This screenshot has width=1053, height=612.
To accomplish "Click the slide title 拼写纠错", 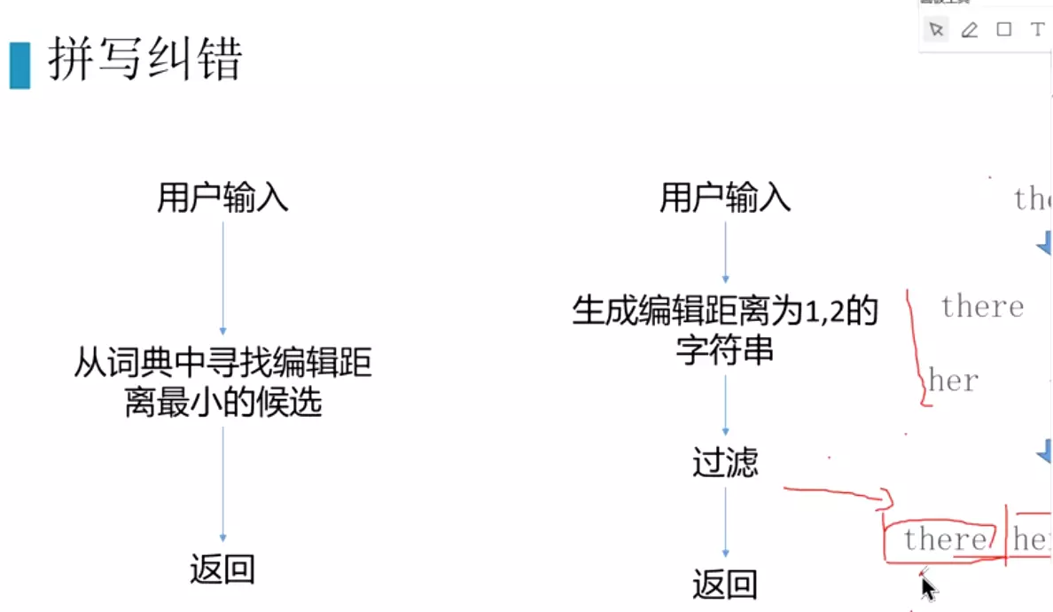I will [x=144, y=60].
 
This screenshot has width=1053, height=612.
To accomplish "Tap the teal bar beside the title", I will [x=19, y=64].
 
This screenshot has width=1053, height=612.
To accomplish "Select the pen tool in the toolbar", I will [x=969, y=30].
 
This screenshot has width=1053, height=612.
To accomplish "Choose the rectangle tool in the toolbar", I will [x=1003, y=30].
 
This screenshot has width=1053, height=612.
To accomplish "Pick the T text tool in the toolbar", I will [x=1037, y=30].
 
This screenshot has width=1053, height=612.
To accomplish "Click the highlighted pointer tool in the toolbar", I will [x=936, y=30].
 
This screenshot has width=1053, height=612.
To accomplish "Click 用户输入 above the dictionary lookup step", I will [x=222, y=198].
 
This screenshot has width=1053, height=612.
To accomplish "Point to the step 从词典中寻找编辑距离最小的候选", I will [x=222, y=383].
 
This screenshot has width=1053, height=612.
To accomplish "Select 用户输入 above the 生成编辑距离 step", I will [x=725, y=198].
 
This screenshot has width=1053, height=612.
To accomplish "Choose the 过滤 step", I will [x=725, y=463].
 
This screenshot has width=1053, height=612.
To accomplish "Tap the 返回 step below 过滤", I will [x=725, y=585].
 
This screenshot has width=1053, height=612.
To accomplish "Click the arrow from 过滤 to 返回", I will [x=725, y=523].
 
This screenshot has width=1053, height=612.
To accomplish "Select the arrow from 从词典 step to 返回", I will [x=222, y=483].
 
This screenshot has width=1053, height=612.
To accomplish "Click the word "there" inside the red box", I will [x=944, y=539].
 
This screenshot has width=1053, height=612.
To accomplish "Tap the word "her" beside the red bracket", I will [x=954, y=381].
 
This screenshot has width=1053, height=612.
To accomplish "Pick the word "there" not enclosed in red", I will [x=982, y=307].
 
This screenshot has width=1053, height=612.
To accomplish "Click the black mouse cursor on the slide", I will [x=928, y=589].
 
